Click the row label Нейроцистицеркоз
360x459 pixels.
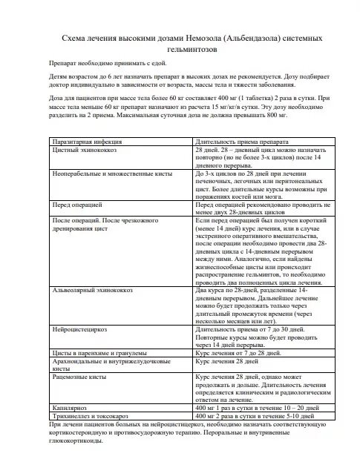coord(78,326)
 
